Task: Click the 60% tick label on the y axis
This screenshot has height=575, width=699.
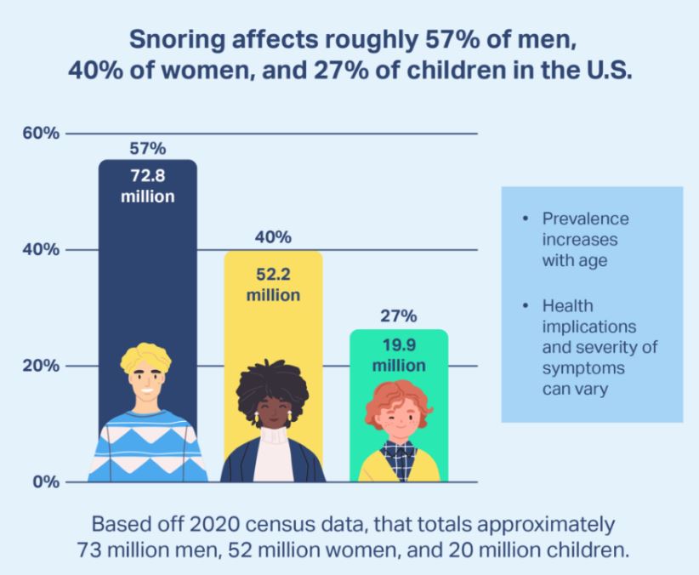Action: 40,134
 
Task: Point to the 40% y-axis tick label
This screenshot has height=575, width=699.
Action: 40,250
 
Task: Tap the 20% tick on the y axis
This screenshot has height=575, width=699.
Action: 40,366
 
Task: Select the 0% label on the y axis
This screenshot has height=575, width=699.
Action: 44,482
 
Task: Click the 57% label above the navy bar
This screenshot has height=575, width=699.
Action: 147,149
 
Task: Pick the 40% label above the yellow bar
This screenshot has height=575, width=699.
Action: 273,236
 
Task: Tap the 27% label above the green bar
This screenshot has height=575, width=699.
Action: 398,316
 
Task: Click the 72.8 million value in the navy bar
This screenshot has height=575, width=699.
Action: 147,186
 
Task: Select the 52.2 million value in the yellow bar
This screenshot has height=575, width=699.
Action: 273,285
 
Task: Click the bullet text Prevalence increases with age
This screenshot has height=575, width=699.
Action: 585,240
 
